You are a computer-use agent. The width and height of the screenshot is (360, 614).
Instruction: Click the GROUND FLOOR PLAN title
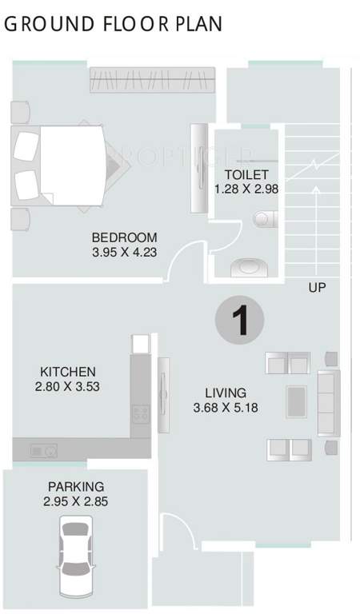[113, 24]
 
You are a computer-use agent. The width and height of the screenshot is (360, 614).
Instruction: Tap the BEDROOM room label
[124, 237]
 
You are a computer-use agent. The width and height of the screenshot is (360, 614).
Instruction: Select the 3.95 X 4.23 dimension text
[124, 252]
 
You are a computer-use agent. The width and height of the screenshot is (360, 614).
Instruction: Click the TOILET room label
[241, 175]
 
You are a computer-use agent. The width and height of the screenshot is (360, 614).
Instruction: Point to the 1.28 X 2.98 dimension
[241, 189]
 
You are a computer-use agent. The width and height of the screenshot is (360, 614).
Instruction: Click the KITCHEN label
[68, 372]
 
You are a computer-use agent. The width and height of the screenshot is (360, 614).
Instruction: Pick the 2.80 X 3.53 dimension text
[68, 386]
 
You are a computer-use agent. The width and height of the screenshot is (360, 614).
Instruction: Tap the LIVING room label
[225, 393]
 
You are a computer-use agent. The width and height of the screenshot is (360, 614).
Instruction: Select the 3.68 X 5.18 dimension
[225, 407]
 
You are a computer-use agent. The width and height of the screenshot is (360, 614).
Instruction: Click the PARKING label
[76, 486]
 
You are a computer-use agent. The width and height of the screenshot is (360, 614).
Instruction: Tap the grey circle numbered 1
[238, 321]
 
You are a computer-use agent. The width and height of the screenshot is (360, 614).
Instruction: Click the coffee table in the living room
[295, 401]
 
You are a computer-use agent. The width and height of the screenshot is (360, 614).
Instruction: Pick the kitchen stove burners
[141, 414]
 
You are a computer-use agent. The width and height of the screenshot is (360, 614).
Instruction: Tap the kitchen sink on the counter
[43, 451]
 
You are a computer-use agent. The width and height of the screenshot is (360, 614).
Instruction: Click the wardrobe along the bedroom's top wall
[153, 81]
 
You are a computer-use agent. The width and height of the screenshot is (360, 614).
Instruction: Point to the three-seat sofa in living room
[328, 402]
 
